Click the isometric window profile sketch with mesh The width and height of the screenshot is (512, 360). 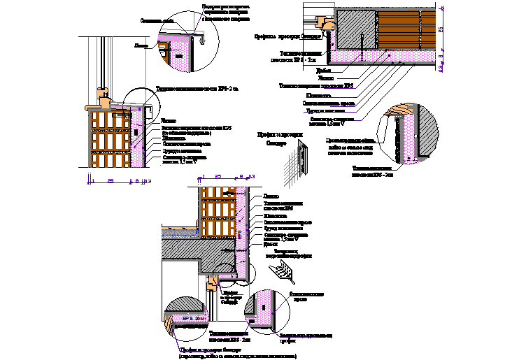[x=302, y=157]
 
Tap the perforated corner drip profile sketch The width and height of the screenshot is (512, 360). [x=283, y=270]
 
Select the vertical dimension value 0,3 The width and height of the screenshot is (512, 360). [x=442, y=69]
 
